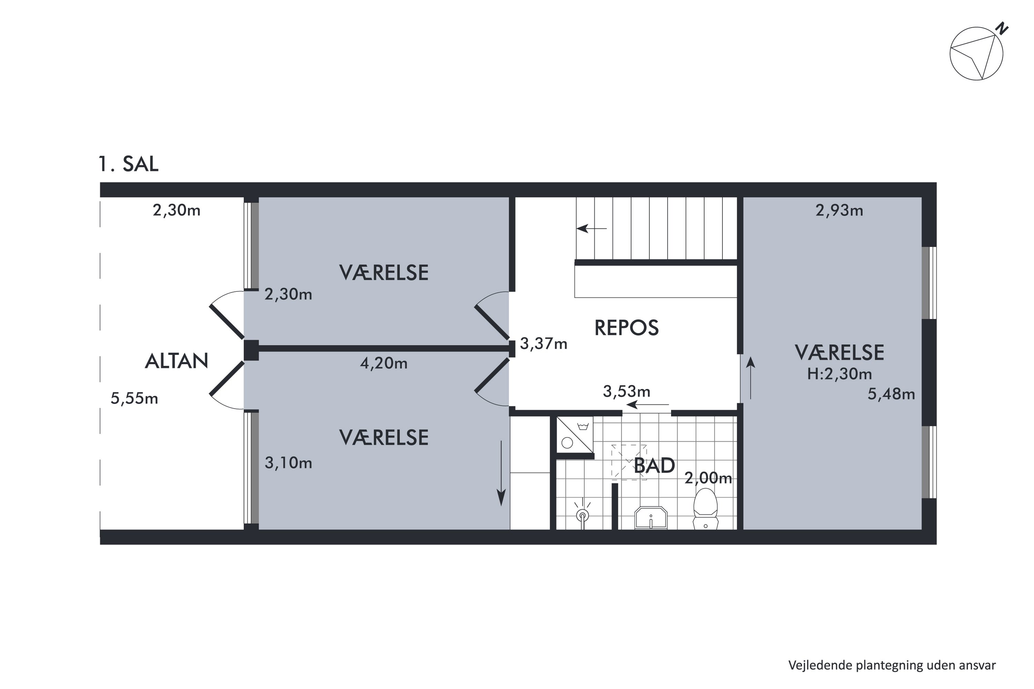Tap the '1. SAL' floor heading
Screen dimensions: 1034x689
[x=128, y=164]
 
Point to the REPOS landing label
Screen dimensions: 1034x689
[x=627, y=328]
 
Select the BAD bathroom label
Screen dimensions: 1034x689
[x=654, y=466]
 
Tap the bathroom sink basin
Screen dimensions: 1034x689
[x=651, y=518]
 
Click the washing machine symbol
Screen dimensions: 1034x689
[x=575, y=434]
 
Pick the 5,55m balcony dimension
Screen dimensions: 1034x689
[x=134, y=399]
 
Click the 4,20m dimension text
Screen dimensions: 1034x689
[x=384, y=363]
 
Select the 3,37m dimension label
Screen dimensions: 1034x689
[x=544, y=343]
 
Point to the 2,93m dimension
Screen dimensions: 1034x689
[x=839, y=210]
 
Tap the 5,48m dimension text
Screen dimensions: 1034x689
[x=891, y=394]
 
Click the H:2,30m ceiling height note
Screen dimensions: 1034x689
[x=840, y=374]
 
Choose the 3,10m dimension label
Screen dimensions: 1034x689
[x=288, y=463]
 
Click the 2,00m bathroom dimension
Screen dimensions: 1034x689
[x=708, y=478]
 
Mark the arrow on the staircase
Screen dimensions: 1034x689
[x=591, y=228]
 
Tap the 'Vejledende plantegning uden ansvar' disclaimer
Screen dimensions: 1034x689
[x=892, y=665]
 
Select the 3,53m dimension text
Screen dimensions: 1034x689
[x=627, y=391]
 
